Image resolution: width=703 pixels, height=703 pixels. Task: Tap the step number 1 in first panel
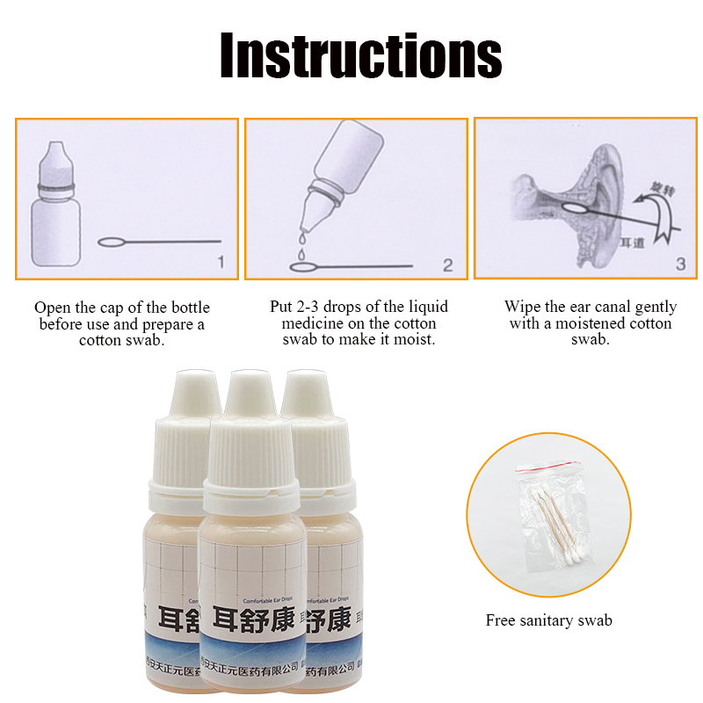220,261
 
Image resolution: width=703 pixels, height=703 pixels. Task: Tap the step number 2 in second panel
447,265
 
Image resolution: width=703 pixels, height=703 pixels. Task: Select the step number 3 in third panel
679,262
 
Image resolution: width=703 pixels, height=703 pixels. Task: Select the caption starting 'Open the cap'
122,323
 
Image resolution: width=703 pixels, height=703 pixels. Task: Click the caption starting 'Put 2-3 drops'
359,323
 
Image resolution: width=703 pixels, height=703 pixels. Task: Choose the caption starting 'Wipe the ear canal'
590,323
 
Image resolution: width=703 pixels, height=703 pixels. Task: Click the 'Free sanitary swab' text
548,620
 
